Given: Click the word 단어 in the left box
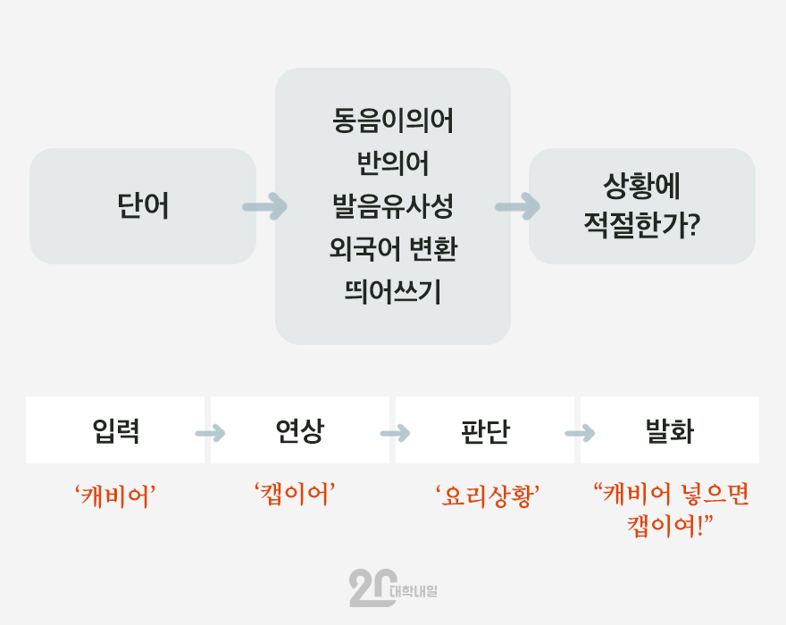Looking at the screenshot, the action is [x=143, y=205].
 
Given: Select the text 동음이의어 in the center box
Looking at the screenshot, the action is [x=393, y=121].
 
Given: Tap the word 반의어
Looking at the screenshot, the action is [x=393, y=163].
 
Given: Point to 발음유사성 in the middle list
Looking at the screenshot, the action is [x=393, y=206].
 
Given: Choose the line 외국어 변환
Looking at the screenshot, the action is [x=393, y=248].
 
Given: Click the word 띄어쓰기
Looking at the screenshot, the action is [x=393, y=291].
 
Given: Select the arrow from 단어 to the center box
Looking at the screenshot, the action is [x=265, y=206].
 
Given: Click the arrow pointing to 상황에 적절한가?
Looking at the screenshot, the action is [x=518, y=206].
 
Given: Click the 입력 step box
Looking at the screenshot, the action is [x=115, y=430].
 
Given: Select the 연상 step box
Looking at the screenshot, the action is [x=300, y=430].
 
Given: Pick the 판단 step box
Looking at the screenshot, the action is [x=485, y=430].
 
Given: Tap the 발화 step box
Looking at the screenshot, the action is [x=670, y=430].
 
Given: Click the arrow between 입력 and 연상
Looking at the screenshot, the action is [x=211, y=433].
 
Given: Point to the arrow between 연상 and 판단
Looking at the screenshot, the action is [x=396, y=433].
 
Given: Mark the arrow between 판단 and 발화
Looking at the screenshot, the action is [x=581, y=433].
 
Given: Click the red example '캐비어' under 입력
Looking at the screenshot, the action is [x=115, y=496].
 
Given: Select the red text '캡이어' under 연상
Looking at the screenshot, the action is [x=295, y=495].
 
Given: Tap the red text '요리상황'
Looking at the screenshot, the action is [x=488, y=496].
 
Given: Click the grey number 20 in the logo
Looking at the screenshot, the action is [x=373, y=587].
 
